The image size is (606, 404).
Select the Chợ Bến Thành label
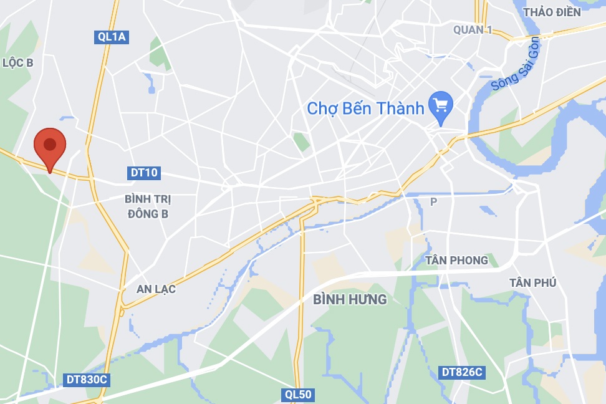click(x=365, y=108)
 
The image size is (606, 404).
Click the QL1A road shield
click(x=112, y=37)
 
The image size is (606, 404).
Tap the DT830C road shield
click(x=87, y=379)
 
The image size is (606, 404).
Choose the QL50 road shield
click(x=297, y=394)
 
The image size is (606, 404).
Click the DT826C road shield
click(x=462, y=372)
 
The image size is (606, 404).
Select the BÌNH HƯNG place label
click(x=350, y=300)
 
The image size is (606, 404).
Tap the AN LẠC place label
click(x=156, y=289)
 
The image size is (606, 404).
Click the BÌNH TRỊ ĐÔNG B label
click(x=148, y=206)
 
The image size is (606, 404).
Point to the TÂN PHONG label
click(x=456, y=260)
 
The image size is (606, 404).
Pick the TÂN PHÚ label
click(x=532, y=282)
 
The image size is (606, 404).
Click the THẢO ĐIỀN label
click(x=552, y=12)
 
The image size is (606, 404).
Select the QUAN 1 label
click(x=473, y=29)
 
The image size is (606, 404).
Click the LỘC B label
click(x=17, y=62)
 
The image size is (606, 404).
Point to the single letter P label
click(x=434, y=201)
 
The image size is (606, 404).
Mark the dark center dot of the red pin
click(x=50, y=145)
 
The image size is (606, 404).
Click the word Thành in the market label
click(x=399, y=108)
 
